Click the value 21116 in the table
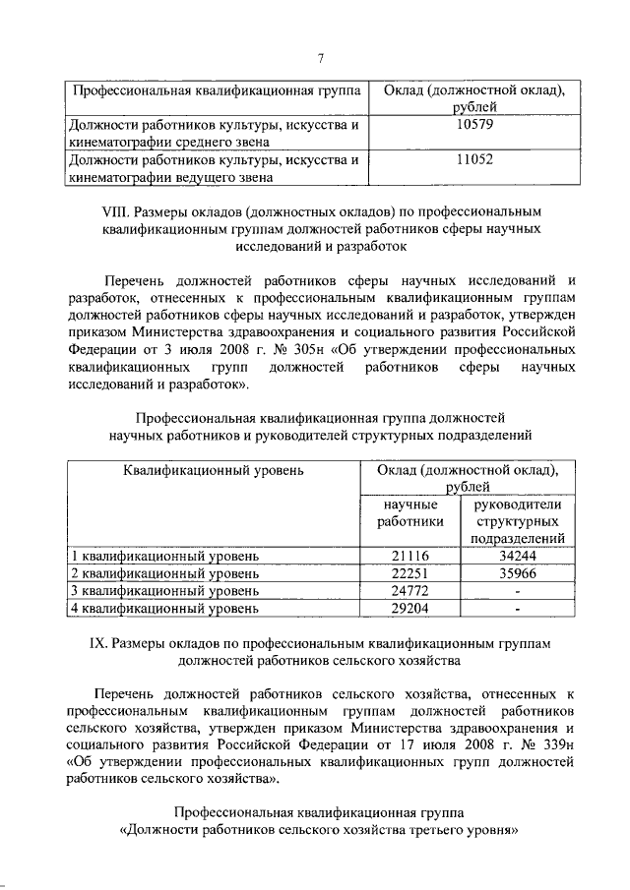click(x=412, y=556)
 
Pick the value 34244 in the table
click(x=517, y=556)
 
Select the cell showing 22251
click(x=412, y=573)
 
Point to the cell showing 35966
click(x=517, y=573)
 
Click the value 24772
click(x=412, y=591)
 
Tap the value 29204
click(x=412, y=609)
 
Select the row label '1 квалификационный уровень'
click(x=163, y=556)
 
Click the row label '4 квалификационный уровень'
click(x=163, y=609)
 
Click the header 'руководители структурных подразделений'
click(x=517, y=521)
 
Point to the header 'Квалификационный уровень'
click(x=214, y=469)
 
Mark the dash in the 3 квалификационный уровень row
click(x=517, y=591)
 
